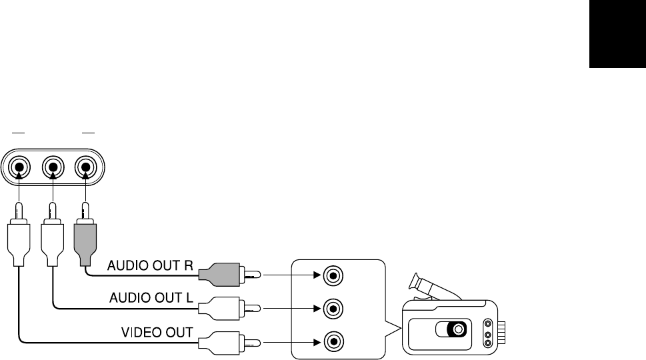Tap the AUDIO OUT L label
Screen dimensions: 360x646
(x=151, y=296)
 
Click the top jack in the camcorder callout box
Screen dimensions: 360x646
(x=333, y=274)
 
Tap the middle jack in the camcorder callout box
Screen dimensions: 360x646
(x=333, y=308)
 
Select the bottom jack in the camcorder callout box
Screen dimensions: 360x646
(x=333, y=343)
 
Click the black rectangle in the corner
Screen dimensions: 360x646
(x=617, y=34)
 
